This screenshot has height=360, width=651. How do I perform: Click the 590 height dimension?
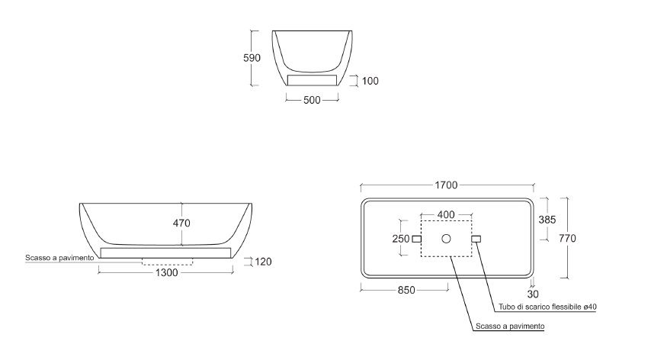(252, 58)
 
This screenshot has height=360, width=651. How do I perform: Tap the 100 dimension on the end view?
(370, 81)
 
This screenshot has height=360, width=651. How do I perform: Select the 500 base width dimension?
(312, 100)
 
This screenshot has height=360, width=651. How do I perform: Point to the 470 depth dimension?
(181, 223)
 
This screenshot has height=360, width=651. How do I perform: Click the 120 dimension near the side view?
(263, 262)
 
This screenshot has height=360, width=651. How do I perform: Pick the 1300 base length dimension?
(166, 272)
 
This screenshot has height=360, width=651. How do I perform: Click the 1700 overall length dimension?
(446, 185)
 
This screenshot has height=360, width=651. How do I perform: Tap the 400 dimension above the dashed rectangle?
(446, 214)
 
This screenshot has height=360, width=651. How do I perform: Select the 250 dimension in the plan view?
(401, 239)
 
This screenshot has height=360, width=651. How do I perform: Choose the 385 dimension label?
(547, 220)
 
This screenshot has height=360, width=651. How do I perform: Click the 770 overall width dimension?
(567, 238)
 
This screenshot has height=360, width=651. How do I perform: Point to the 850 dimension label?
(406, 291)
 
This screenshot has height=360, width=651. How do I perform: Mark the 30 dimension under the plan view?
(533, 294)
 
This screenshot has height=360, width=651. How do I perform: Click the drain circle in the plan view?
(446, 239)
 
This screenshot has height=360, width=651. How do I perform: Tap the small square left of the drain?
(416, 239)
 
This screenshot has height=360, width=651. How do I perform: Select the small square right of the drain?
(476, 239)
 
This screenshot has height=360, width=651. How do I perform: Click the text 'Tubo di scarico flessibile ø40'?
(547, 307)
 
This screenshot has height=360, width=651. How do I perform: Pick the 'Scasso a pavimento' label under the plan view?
(510, 326)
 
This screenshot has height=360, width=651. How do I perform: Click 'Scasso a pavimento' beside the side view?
(59, 258)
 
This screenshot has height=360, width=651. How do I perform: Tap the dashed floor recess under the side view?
(167, 262)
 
